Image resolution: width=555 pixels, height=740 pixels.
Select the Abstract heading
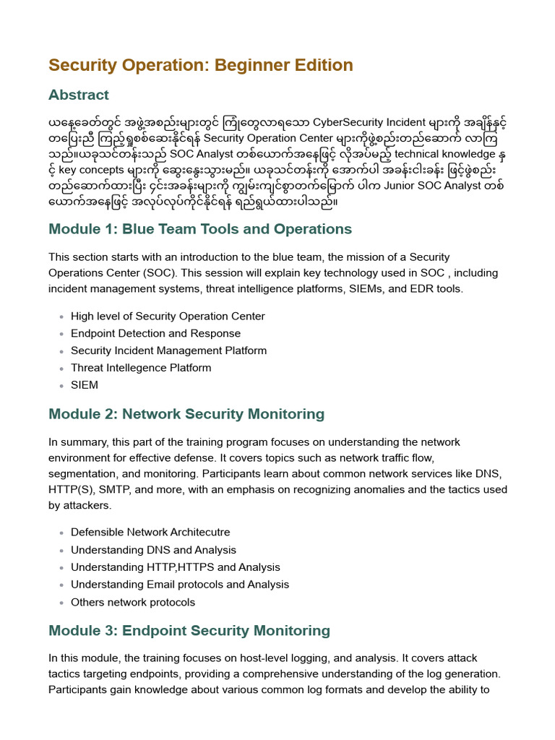pyautogui.click(x=79, y=95)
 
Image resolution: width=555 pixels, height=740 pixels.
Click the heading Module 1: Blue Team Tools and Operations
pyautogui.click(x=200, y=229)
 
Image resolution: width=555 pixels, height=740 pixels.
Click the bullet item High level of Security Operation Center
pyautogui.click(x=168, y=317)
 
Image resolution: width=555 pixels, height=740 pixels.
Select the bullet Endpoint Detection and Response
pyautogui.click(x=155, y=334)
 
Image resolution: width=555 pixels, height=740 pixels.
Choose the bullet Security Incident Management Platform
pyautogui.click(x=168, y=350)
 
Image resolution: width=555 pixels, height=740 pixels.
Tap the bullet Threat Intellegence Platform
pyautogui.click(x=141, y=368)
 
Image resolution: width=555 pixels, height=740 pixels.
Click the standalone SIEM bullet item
pyautogui.click(x=85, y=385)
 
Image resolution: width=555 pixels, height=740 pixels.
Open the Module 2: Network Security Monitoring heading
pyautogui.click(x=186, y=414)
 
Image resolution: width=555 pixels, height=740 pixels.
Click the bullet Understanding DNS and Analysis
pyautogui.click(x=153, y=550)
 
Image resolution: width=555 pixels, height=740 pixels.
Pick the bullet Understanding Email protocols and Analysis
pyautogui.click(x=180, y=585)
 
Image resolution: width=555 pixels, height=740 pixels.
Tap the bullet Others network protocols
pyautogui.click(x=133, y=602)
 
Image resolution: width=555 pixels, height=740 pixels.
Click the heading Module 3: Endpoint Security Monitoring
pyautogui.click(x=189, y=630)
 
